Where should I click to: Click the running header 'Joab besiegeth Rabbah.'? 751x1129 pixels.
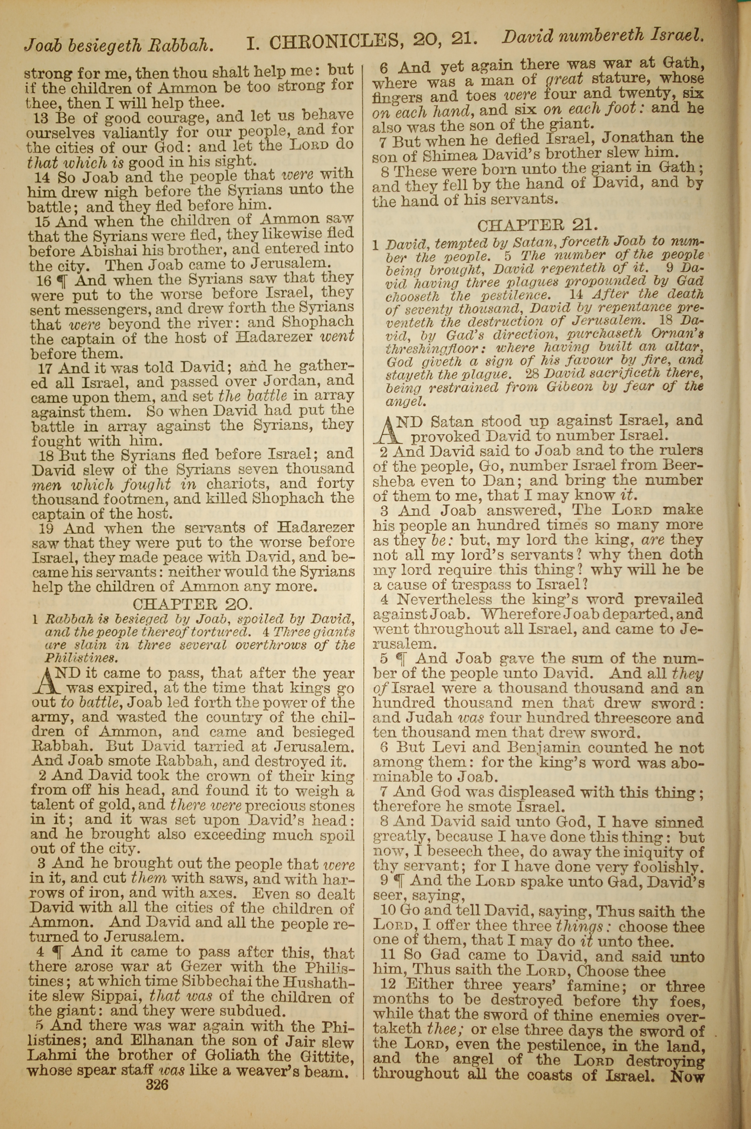(118, 45)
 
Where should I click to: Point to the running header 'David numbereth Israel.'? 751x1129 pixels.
(603, 36)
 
